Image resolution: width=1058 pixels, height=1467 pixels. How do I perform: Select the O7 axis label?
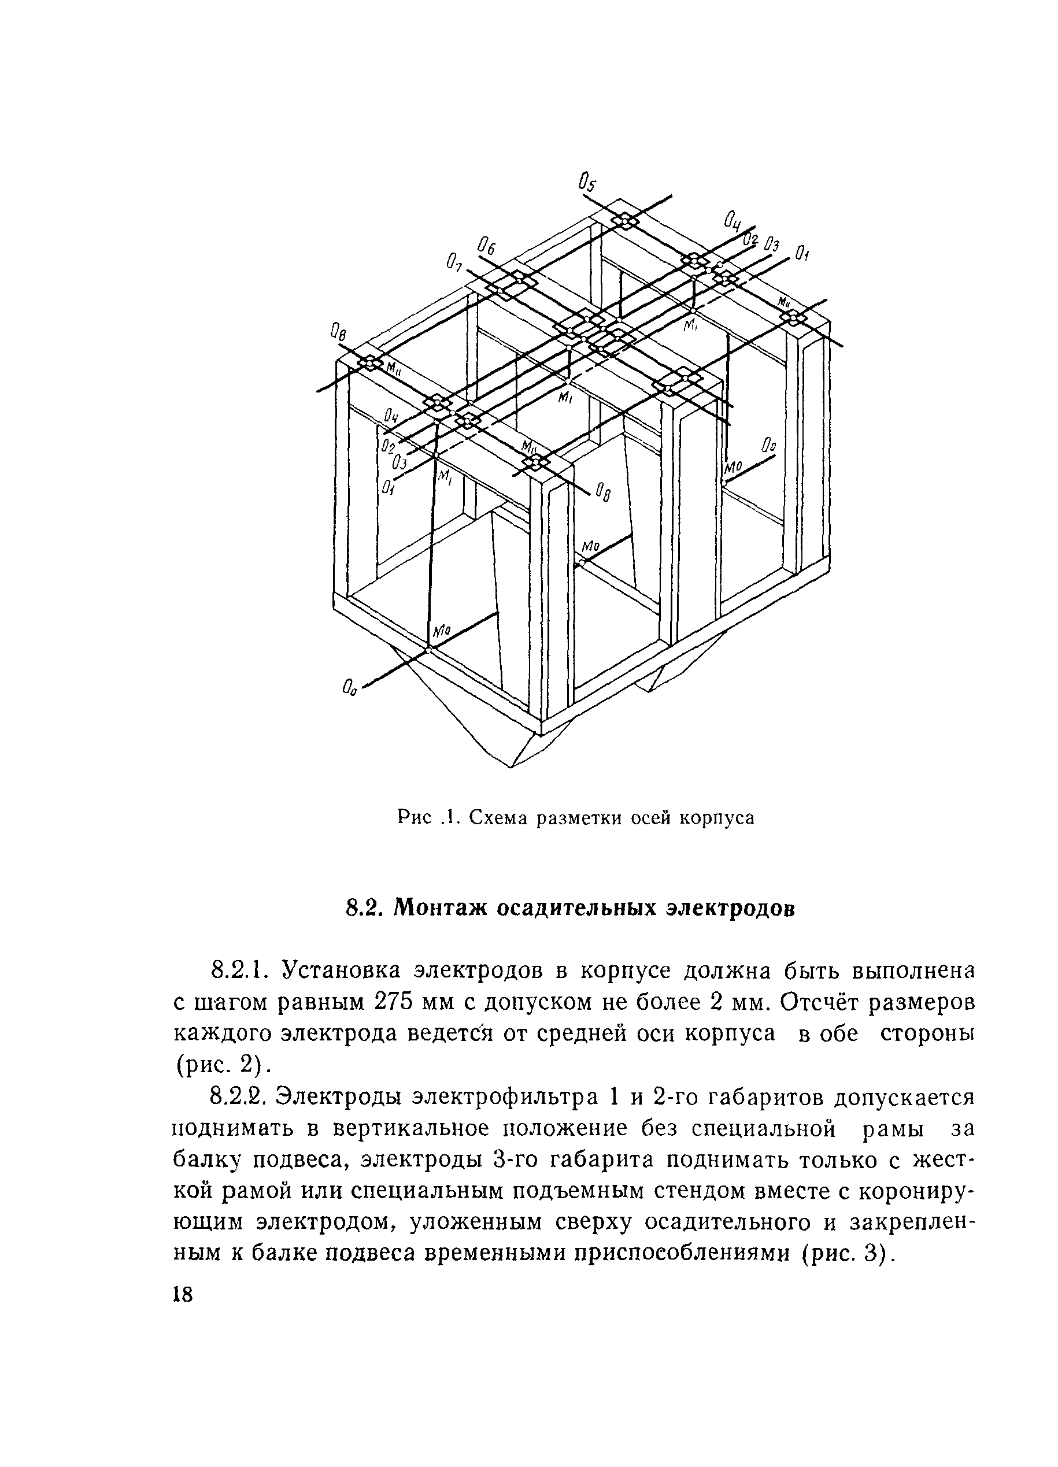click(x=454, y=262)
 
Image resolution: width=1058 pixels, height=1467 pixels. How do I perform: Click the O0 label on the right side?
click(x=768, y=446)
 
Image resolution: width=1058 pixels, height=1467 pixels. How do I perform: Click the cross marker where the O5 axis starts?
click(x=625, y=221)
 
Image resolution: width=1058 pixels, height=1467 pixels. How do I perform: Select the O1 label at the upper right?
click(x=802, y=252)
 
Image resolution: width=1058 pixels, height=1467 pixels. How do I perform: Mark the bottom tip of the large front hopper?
click(x=511, y=767)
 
